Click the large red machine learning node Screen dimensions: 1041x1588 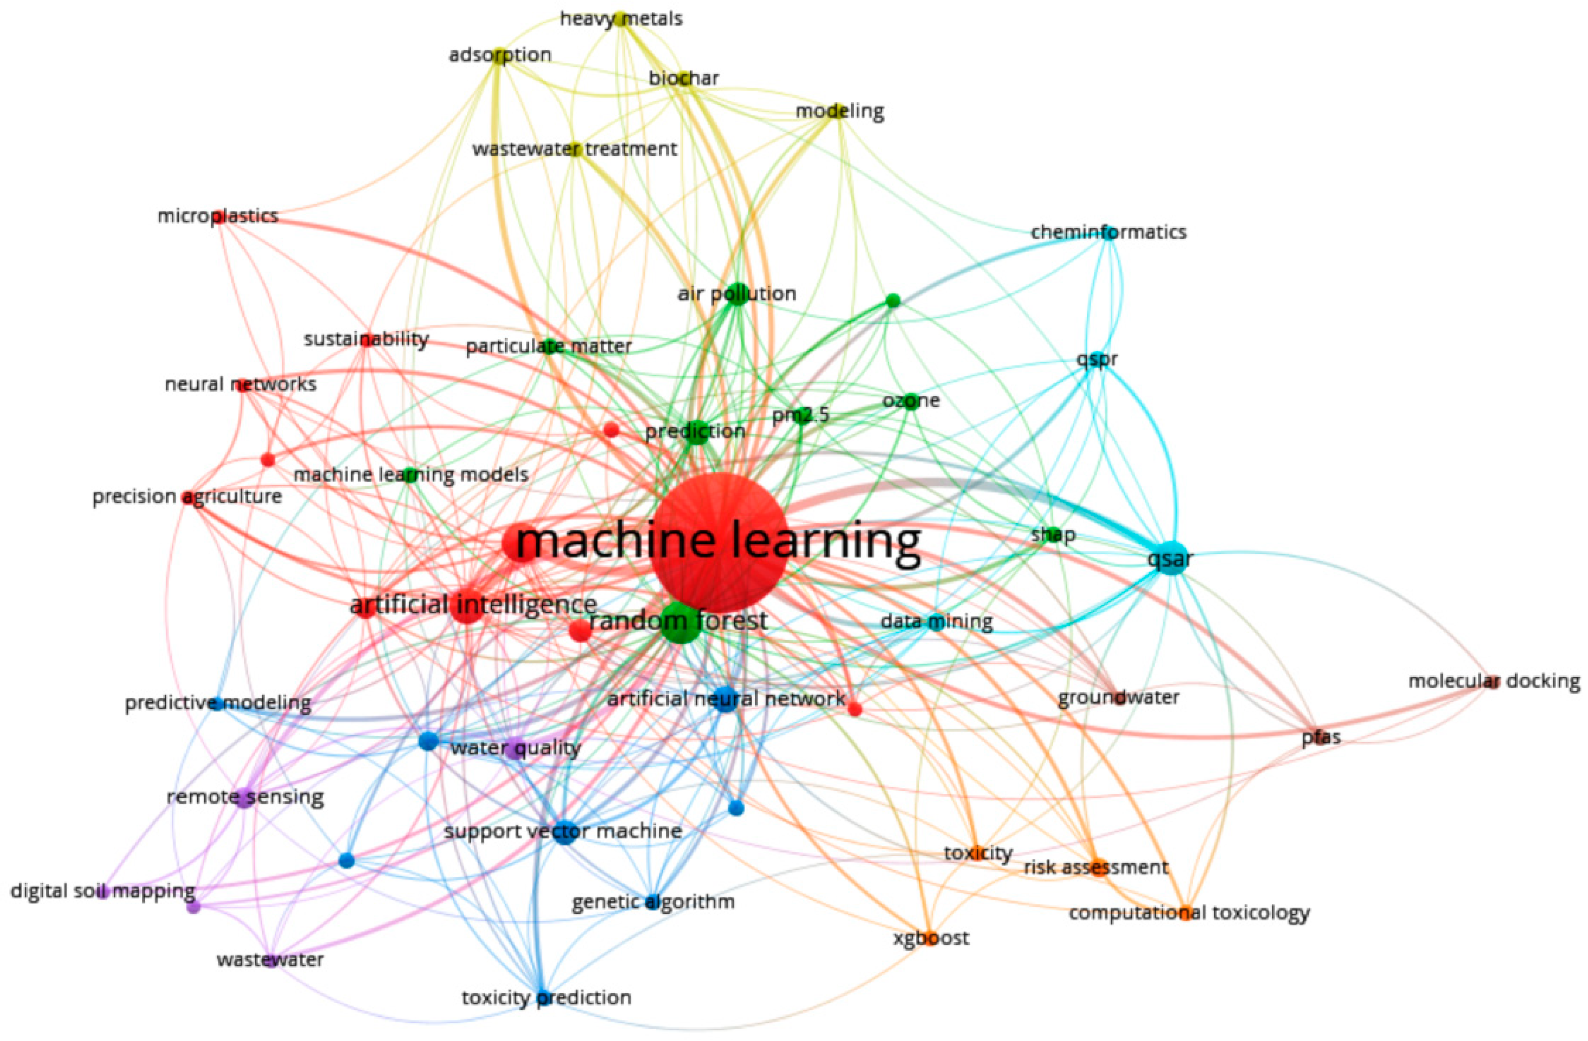pos(718,540)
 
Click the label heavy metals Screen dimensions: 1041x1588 pos(621,19)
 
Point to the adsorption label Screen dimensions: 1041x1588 pos(500,55)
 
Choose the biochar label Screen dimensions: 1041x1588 pos(684,78)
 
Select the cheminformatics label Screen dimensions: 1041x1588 pos(1108,232)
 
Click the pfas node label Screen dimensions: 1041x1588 pos(1321,738)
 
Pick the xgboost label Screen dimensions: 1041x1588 pos(931,938)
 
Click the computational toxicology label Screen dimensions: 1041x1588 pos(1189,912)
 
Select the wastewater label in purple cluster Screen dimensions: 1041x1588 pos(270,960)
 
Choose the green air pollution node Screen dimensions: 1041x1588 pos(737,294)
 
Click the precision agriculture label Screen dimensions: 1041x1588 pos(187,497)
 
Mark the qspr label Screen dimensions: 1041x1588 pos(1097,359)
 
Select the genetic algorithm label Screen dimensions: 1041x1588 pos(653,902)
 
